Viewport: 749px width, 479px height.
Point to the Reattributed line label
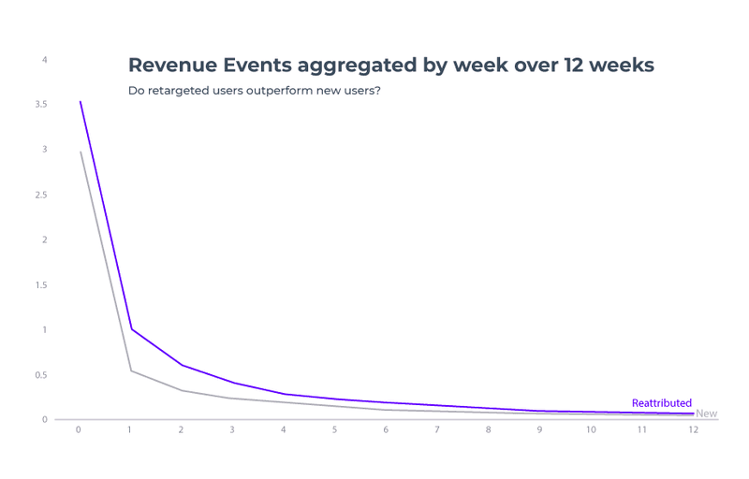point(661,403)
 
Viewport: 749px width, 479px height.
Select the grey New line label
point(707,414)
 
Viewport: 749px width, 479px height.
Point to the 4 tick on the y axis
point(44,60)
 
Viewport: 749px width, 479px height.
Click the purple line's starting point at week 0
point(80,101)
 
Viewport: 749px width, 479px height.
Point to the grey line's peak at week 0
point(80,152)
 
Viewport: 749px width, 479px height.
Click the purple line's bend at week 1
point(130,328)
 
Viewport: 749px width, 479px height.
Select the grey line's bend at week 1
point(130,370)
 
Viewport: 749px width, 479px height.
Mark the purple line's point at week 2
point(182,365)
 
